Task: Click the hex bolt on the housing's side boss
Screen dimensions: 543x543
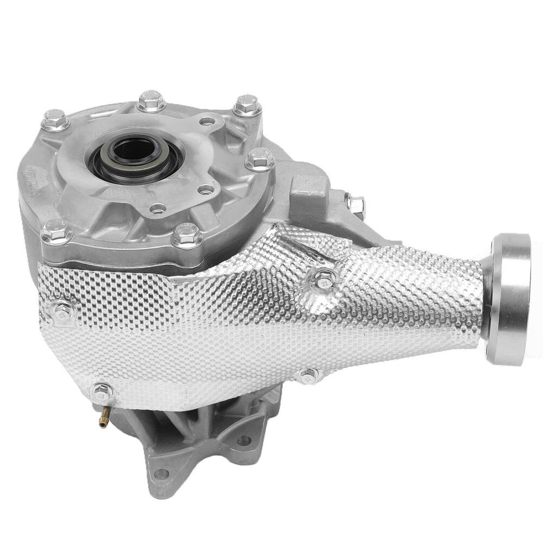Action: coord(356,205)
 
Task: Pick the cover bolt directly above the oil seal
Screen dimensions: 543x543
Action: coord(151,100)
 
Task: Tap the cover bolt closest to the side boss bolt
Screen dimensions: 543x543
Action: coord(260,159)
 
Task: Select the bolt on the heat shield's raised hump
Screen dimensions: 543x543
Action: coord(324,278)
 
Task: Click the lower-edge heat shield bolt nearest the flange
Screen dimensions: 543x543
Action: coord(308,375)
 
